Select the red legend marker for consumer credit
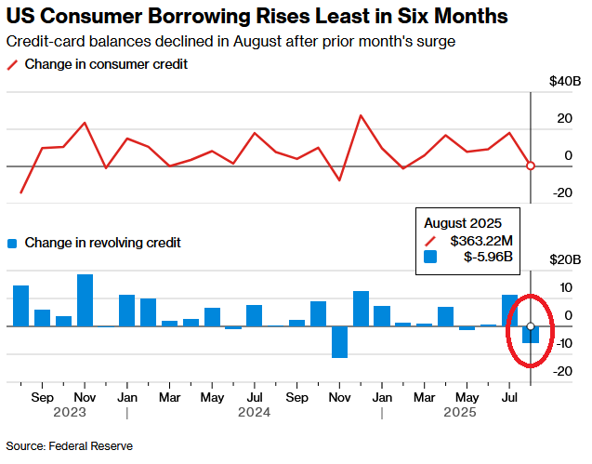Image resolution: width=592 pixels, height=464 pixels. pyautogui.click(x=12, y=64)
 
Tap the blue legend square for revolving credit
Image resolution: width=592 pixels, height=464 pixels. pyautogui.click(x=12, y=243)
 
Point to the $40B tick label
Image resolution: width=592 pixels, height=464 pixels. pyautogui.click(x=563, y=82)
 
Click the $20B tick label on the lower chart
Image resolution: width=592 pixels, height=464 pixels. pyautogui.click(x=563, y=259)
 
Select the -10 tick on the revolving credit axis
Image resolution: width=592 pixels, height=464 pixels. pyautogui.click(x=561, y=343)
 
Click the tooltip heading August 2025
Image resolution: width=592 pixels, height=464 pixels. pyautogui.click(x=463, y=223)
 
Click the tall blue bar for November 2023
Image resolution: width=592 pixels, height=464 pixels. pyautogui.click(x=85, y=300)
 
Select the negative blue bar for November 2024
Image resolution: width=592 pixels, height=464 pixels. pyautogui.click(x=339, y=341)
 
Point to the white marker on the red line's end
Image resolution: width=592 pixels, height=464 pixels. pyautogui.click(x=531, y=166)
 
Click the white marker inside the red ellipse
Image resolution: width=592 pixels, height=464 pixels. pyautogui.click(x=531, y=326)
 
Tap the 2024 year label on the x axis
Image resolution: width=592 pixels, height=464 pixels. pyautogui.click(x=254, y=411)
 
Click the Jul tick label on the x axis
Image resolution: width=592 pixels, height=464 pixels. pyautogui.click(x=509, y=395)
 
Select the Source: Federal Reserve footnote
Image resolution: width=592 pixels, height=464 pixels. pyautogui.click(x=70, y=446)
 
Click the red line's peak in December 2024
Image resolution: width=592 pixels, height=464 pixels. pyautogui.click(x=361, y=115)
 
